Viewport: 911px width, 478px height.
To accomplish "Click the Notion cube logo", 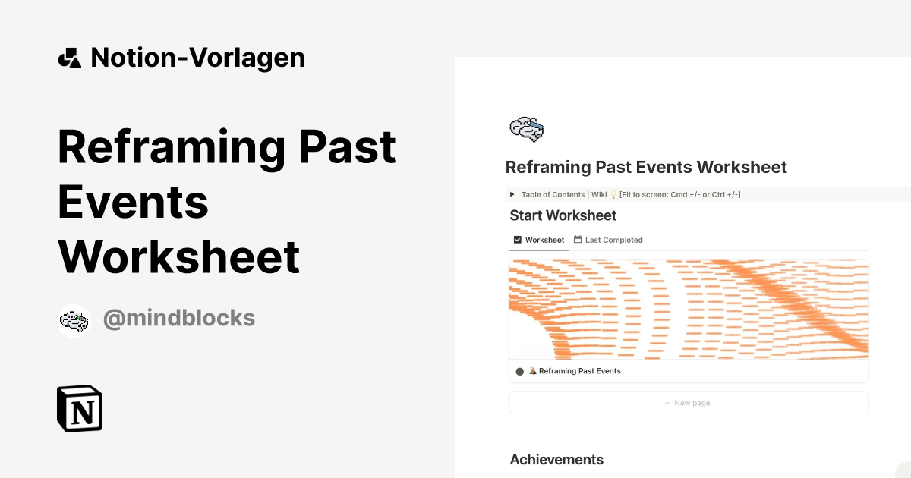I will (x=80, y=408).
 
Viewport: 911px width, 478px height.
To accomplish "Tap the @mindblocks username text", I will (x=178, y=319).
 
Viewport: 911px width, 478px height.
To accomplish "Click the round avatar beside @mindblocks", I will (x=74, y=321).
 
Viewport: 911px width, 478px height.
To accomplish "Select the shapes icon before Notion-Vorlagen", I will (x=69, y=58).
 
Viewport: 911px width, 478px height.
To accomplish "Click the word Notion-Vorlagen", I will (x=197, y=58).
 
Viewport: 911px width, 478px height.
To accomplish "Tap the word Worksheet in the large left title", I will (x=179, y=256).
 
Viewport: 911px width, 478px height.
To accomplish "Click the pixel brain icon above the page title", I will (x=526, y=129).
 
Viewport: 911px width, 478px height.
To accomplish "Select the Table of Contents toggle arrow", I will (x=512, y=195).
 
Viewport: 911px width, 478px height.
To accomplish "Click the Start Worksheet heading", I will (x=563, y=215).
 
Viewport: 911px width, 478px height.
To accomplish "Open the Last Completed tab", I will (x=613, y=240).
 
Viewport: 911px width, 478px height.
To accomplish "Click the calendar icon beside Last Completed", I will (x=578, y=240).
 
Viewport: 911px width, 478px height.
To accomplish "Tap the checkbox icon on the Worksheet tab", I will (x=518, y=240).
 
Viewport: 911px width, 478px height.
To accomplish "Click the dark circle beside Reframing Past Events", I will (x=519, y=372).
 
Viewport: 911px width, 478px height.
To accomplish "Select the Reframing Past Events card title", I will (x=579, y=371).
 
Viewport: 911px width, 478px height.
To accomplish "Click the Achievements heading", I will (x=556, y=459).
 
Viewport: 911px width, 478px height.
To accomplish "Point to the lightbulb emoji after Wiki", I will (x=613, y=195).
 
